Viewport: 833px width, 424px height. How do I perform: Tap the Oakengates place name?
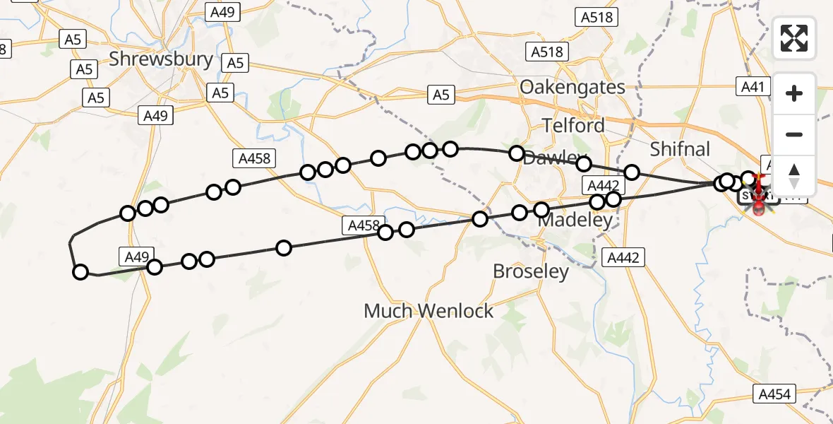(x=572, y=87)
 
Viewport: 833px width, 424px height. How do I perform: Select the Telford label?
(x=573, y=126)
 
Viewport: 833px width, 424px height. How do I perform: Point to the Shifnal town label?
(x=679, y=149)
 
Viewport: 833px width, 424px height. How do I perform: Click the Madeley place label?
(x=574, y=220)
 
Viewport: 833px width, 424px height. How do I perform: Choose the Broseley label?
(x=531, y=271)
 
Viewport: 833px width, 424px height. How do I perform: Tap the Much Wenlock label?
(x=429, y=311)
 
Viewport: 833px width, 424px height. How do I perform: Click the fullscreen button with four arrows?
(x=794, y=38)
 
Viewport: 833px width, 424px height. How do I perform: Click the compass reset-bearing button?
(x=794, y=176)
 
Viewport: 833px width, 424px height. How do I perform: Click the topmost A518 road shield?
(x=595, y=18)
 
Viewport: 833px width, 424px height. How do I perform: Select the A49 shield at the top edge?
(x=222, y=11)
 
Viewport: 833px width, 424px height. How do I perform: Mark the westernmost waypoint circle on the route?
(x=80, y=272)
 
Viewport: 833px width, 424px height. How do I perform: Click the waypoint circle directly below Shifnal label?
(x=632, y=172)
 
